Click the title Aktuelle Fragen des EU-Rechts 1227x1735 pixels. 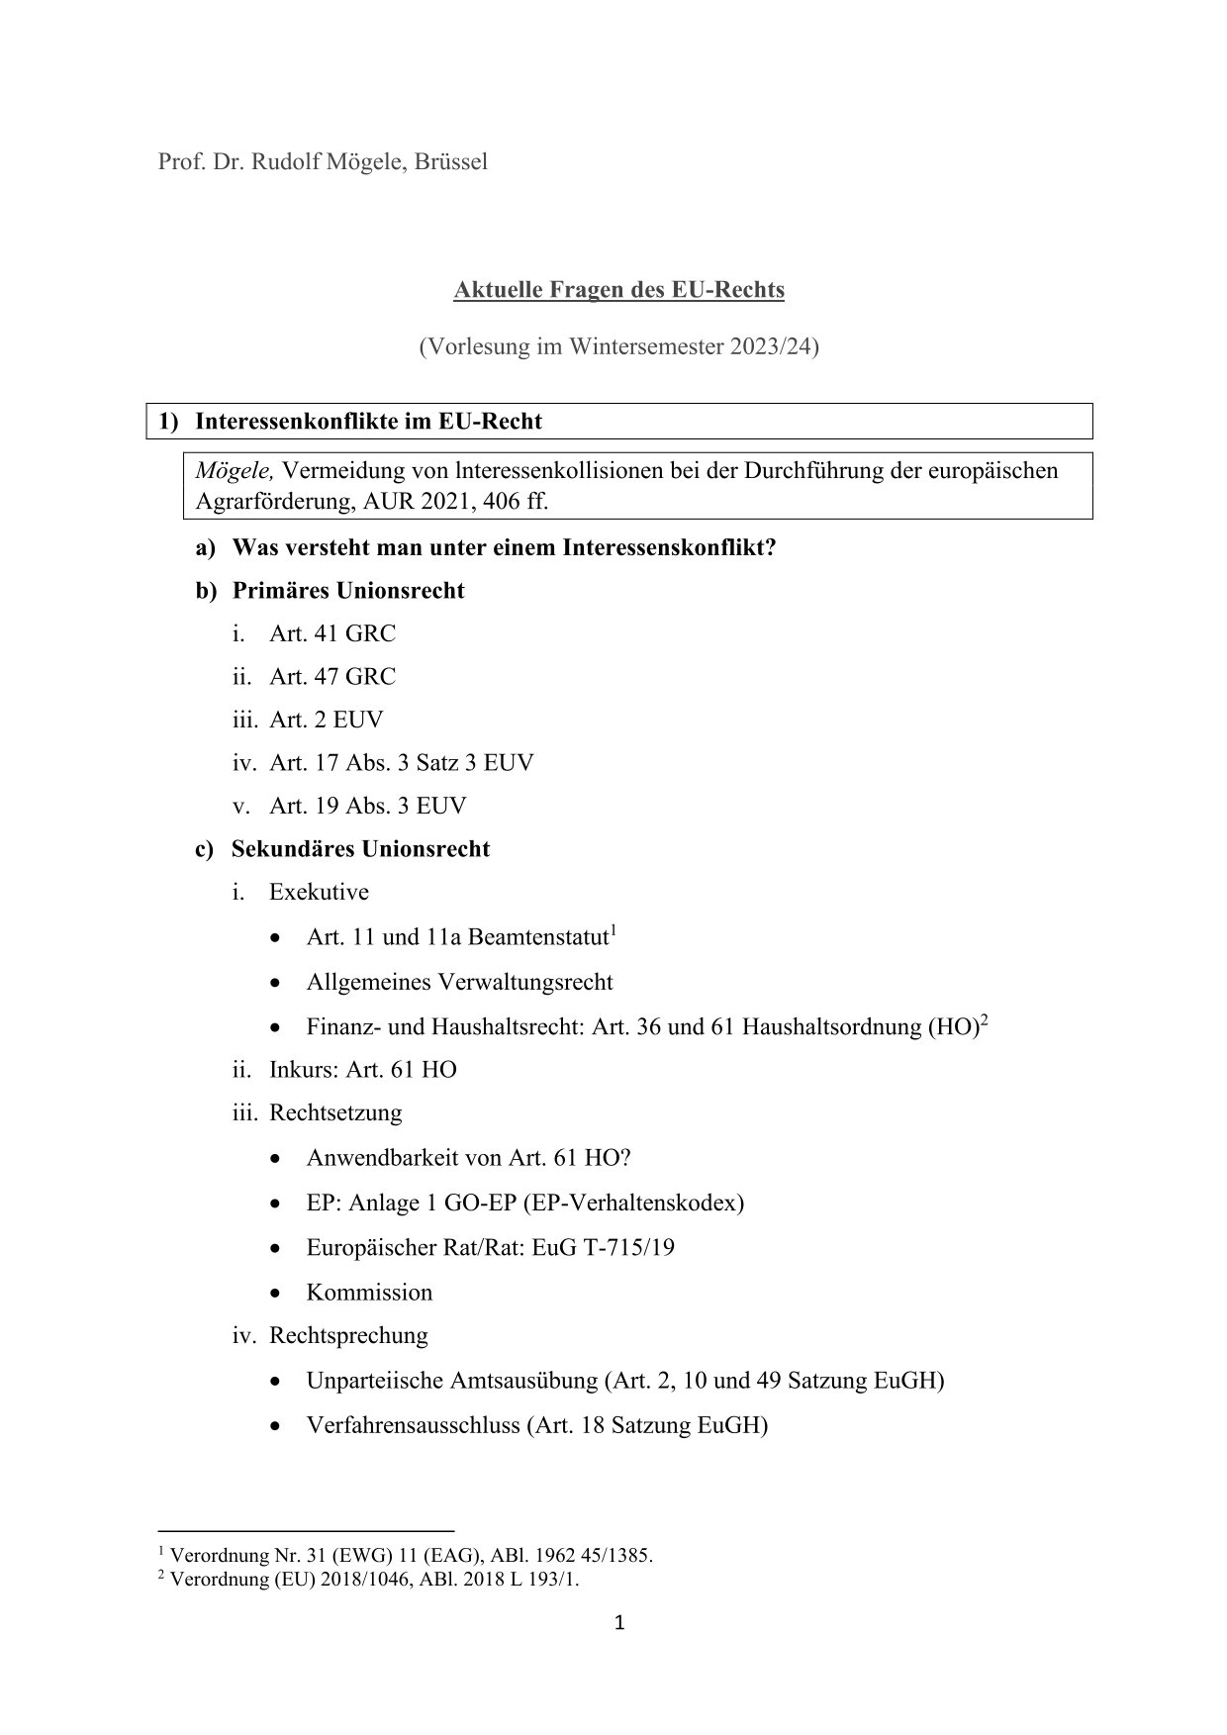618,290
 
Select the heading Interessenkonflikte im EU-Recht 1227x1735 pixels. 368,422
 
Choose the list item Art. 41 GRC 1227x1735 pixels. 331,633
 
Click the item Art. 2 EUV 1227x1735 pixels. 326,720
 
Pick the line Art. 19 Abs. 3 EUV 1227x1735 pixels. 367,806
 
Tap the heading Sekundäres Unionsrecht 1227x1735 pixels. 360,849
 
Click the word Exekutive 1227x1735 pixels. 319,892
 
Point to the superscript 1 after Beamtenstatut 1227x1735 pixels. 613,930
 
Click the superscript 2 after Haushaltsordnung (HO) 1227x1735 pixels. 985,1019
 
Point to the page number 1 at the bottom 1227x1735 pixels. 619,1622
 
